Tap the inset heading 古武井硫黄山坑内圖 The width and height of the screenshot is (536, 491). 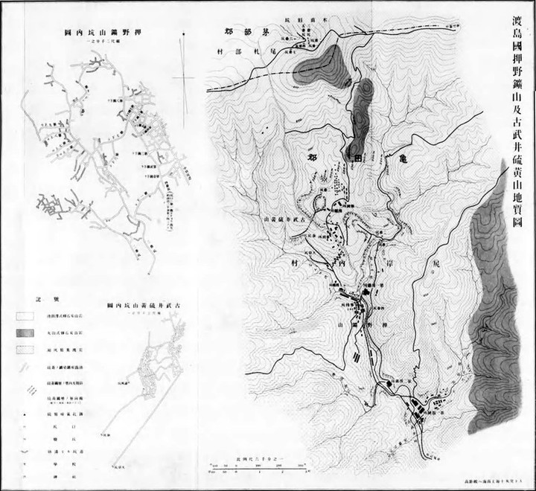click(147, 305)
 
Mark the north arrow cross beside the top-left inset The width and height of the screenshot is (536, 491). click(183, 77)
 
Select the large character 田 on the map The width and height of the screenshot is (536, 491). click(357, 158)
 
